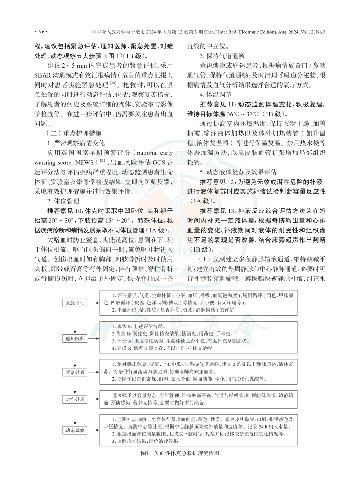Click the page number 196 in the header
(x=41, y=32)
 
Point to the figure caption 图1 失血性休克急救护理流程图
(x=180, y=453)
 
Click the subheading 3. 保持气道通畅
(x=222, y=56)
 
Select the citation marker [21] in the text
(x=103, y=161)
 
